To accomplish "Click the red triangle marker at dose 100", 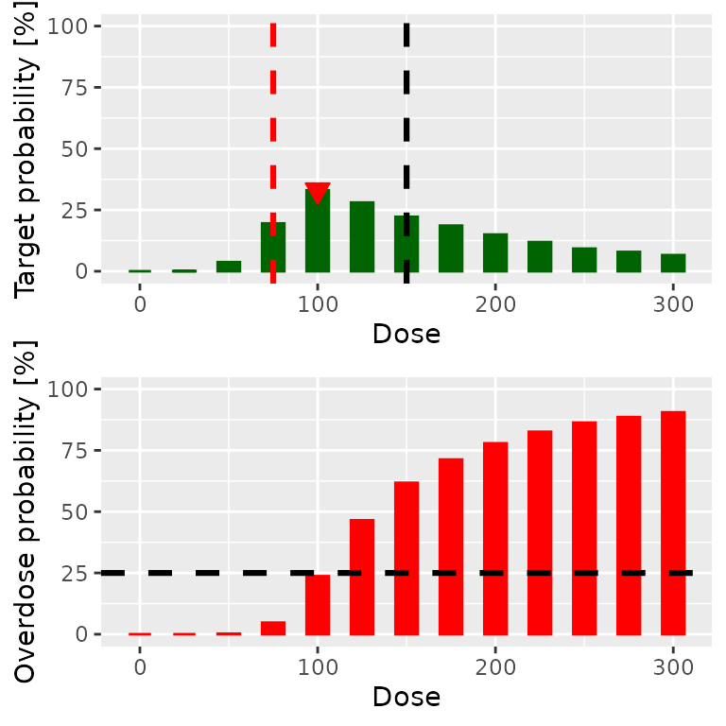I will click(318, 192).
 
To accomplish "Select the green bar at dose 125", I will click(362, 236).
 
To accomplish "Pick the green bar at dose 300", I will click(673, 263).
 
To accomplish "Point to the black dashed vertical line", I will click(406, 113).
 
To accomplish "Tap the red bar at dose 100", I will click(318, 605).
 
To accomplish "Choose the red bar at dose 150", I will click(406, 558).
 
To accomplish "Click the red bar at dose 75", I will click(273, 628).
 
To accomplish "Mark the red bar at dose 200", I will click(495, 539).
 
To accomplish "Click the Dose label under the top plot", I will click(406, 334).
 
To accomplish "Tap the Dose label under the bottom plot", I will click(406, 697).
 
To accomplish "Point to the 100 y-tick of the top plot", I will click(75, 26).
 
